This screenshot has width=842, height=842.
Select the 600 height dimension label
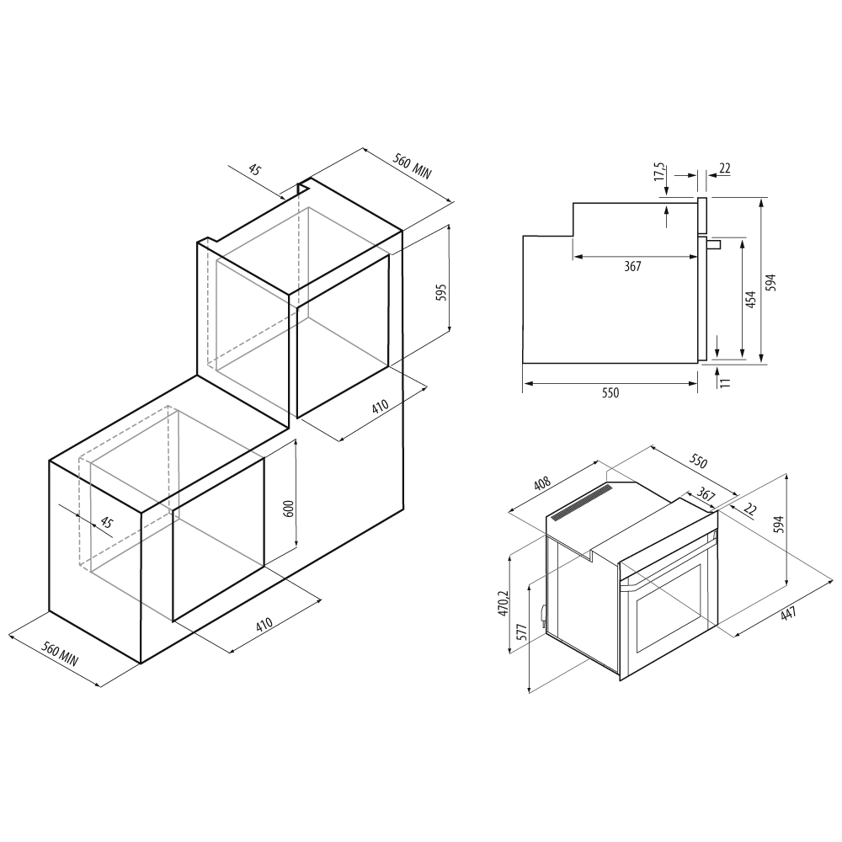[x=288, y=508]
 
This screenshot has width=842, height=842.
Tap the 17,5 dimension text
[x=660, y=172]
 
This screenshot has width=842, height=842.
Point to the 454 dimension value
[x=751, y=299]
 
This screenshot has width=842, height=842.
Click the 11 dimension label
[x=726, y=382]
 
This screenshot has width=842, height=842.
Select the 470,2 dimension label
[x=504, y=603]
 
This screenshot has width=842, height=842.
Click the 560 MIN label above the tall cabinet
[x=413, y=166]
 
